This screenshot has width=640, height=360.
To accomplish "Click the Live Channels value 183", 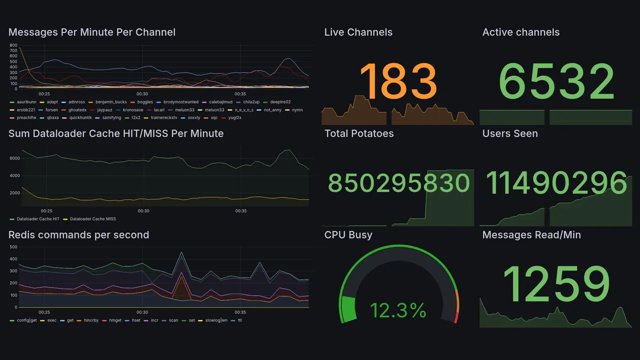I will [x=398, y=81].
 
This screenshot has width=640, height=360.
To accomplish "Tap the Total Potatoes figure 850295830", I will [x=398, y=183].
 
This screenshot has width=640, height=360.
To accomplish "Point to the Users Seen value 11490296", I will [x=556, y=183].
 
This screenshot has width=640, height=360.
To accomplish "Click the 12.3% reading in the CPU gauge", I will [x=398, y=310].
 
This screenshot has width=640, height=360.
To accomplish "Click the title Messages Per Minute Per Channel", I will [x=92, y=32].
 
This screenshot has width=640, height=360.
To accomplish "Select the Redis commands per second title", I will [x=78, y=235].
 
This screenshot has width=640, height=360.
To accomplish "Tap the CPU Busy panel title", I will [x=348, y=235].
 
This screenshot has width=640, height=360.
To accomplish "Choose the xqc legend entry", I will [x=213, y=118].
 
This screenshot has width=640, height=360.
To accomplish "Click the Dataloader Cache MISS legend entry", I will [x=92, y=219].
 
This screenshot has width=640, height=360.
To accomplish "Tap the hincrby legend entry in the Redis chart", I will [x=91, y=320].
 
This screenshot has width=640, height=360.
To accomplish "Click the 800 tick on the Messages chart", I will [x=13, y=45].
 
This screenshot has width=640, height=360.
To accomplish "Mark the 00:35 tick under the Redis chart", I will [x=240, y=312].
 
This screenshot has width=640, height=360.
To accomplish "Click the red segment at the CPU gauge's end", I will [x=455, y=317].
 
